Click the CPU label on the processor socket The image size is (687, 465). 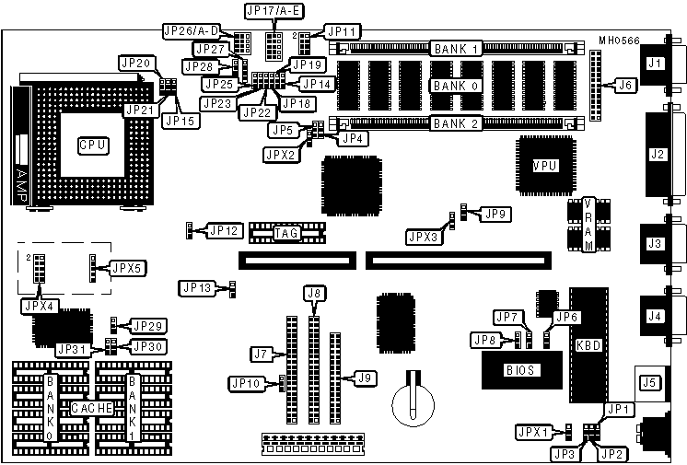[x=92, y=145]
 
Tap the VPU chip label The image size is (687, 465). [x=545, y=164]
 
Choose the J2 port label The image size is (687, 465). [x=657, y=154]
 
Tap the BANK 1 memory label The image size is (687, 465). [x=457, y=48]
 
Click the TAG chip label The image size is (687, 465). [x=285, y=234]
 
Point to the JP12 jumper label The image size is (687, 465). [x=225, y=229]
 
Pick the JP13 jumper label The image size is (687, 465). [x=198, y=288]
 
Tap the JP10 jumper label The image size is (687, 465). [x=248, y=383]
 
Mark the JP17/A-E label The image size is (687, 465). [x=274, y=12]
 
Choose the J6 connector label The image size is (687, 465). [x=625, y=85]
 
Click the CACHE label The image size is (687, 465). [x=92, y=407]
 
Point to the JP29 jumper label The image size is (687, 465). [x=147, y=326]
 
